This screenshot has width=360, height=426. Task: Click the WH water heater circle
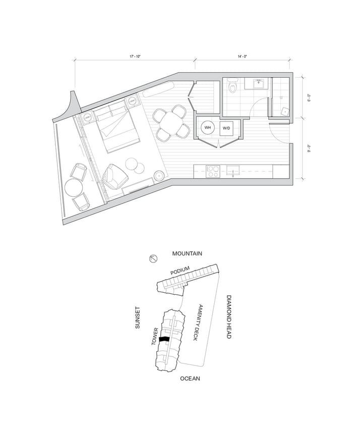coord(208,128)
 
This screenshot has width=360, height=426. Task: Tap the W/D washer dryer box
coord(226,128)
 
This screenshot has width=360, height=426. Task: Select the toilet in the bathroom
coord(232,87)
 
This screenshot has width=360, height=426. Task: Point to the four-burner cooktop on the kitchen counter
coord(212,171)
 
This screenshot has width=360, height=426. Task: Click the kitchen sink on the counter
coord(233,171)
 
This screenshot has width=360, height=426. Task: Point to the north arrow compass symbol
coord(154,259)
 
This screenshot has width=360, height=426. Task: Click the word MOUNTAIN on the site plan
coord(187,254)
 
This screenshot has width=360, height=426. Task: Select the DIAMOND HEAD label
coord(228,316)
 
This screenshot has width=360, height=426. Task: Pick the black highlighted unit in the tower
coord(164,340)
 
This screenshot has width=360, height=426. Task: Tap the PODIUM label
coord(180,271)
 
